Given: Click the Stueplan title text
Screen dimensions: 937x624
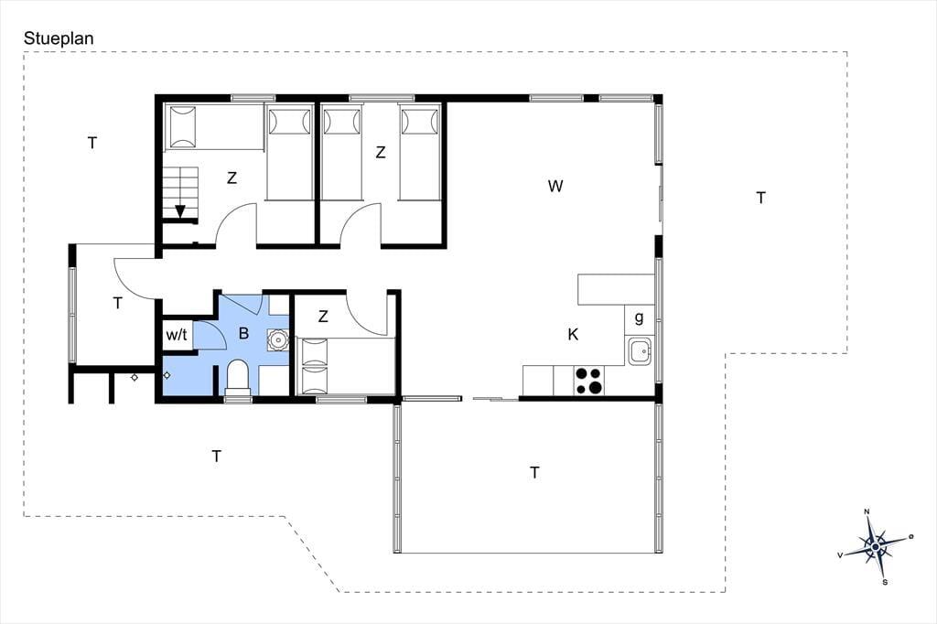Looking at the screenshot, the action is point(59,38).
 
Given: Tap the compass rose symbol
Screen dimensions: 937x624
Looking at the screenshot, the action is point(876,546).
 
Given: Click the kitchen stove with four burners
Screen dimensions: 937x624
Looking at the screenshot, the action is point(588,381).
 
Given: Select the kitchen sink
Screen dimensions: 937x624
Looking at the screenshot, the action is point(640,350).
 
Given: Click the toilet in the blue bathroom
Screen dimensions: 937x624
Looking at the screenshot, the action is point(238,377).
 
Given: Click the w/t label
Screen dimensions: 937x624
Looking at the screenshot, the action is point(177,335).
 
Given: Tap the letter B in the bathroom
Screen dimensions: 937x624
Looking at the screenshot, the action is point(243,333).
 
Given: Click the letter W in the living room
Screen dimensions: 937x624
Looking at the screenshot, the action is point(555,186).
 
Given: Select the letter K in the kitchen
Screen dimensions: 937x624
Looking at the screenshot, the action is point(573,334).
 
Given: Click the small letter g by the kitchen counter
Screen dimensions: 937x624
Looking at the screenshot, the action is point(640,317).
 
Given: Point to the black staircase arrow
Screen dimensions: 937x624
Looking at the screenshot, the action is point(180,211).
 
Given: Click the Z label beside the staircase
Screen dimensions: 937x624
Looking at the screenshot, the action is point(232,178).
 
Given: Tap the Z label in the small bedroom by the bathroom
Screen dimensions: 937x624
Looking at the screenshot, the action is point(323,317).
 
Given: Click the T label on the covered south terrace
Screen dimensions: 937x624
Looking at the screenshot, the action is point(534,473).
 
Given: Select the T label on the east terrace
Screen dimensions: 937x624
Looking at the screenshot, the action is point(760,198).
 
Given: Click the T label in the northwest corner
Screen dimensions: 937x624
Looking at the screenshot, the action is point(92,143).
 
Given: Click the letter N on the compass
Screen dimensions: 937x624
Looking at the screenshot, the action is point(867,511).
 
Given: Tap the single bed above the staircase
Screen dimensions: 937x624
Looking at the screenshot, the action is point(214,126).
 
